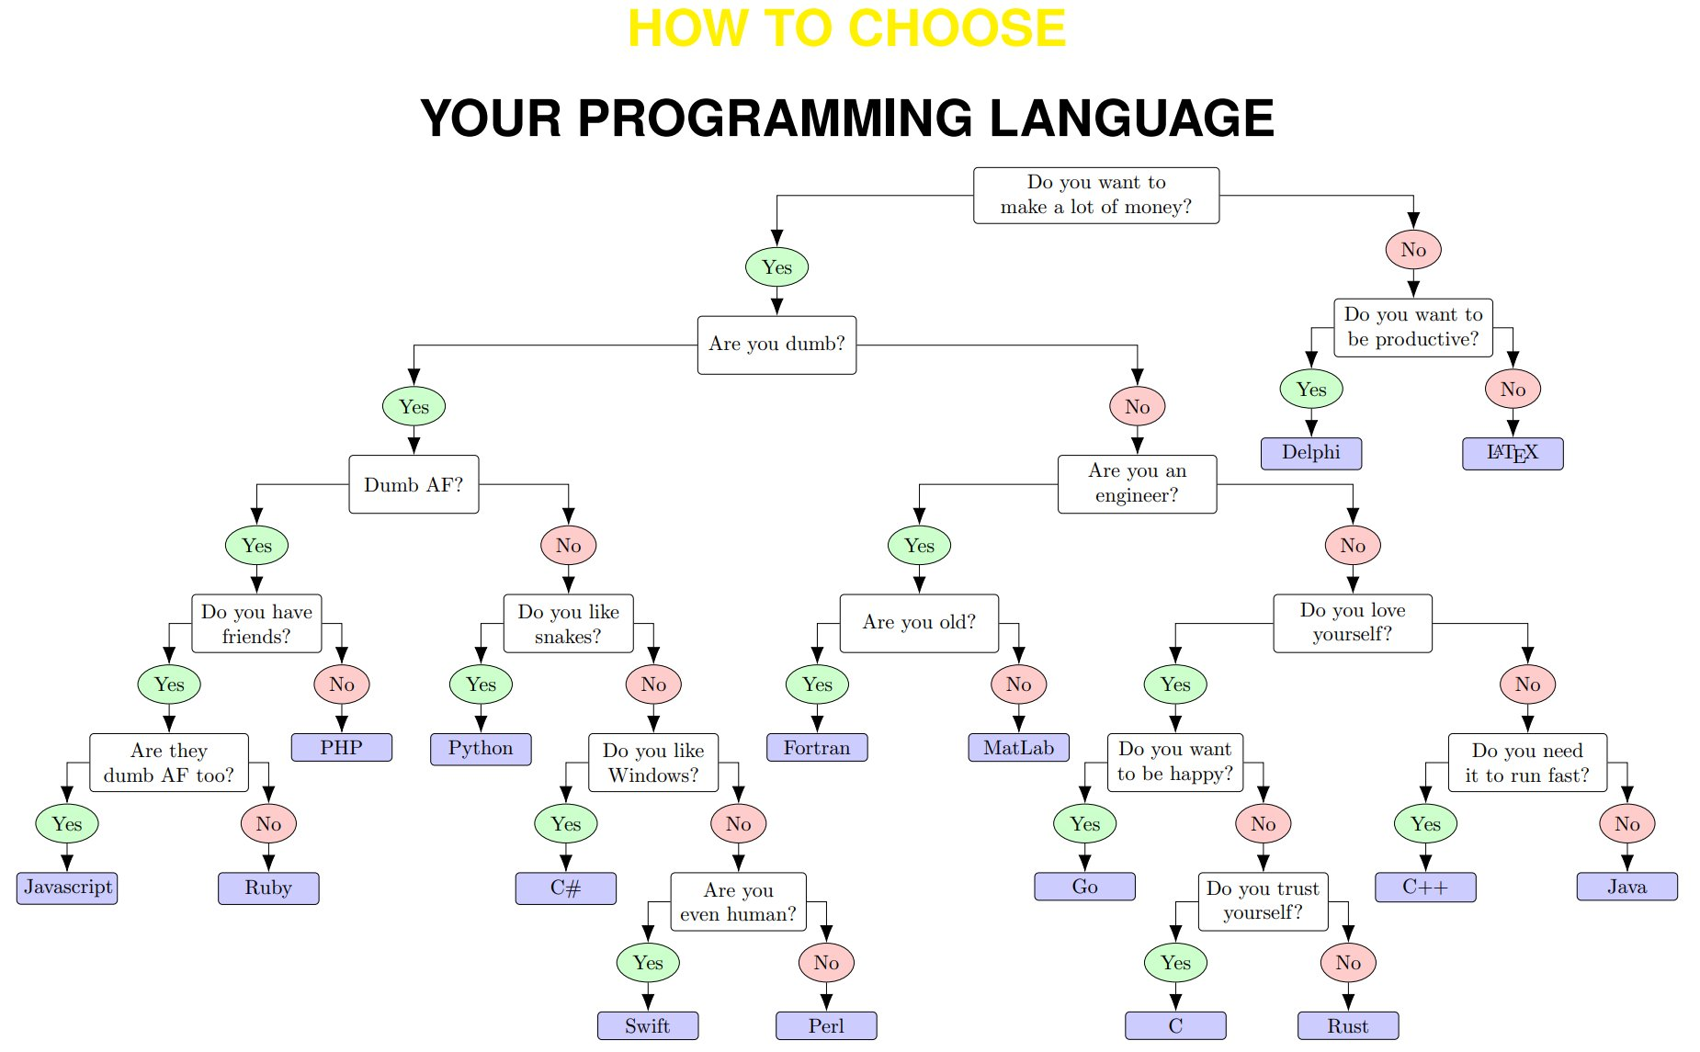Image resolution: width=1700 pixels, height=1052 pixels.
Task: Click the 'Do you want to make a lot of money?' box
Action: point(1095,195)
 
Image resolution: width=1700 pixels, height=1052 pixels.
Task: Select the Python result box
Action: point(481,748)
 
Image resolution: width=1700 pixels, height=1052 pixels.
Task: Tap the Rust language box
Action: point(1347,1025)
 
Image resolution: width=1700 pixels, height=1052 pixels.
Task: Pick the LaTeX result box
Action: point(1512,453)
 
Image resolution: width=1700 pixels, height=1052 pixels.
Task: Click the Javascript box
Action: point(67,888)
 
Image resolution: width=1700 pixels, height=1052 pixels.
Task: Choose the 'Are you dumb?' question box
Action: point(776,345)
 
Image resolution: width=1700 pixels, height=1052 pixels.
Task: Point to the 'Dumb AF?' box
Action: point(414,484)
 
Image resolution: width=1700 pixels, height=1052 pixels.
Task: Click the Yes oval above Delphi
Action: point(1310,390)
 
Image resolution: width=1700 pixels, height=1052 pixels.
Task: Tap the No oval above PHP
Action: point(341,684)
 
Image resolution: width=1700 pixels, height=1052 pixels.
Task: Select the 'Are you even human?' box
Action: point(738,901)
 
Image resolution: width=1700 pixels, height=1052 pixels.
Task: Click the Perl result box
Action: point(825,1025)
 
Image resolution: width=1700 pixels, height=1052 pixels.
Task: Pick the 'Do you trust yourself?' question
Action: point(1263,900)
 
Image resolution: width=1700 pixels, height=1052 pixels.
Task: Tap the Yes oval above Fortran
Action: point(817,684)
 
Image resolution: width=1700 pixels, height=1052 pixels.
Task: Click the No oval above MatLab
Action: point(1018,684)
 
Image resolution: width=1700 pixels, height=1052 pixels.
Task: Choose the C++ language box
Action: point(1424,888)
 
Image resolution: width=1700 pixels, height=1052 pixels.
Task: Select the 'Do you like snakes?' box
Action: point(568,624)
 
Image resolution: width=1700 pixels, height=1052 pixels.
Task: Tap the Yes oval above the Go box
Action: point(1084,824)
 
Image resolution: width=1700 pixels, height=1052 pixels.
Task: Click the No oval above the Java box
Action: point(1626,824)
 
